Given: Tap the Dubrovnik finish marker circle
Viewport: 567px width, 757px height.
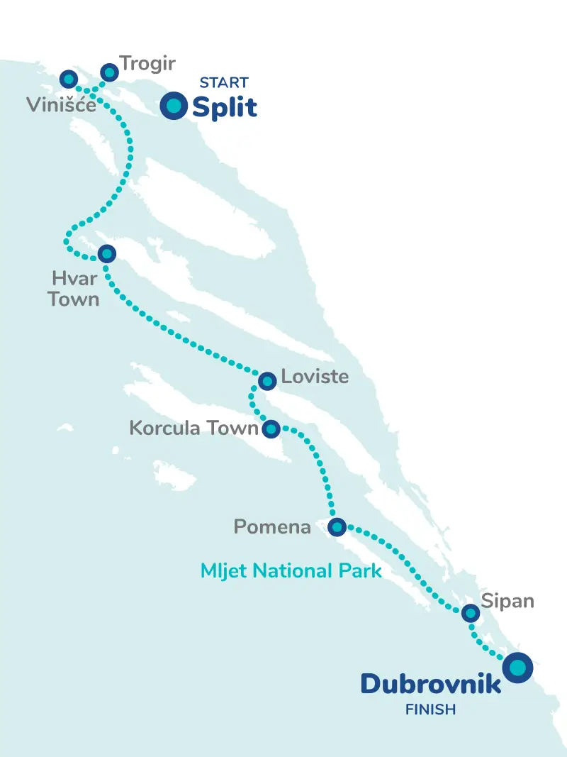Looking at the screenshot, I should pyautogui.click(x=518, y=667).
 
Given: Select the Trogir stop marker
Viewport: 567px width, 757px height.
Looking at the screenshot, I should pyautogui.click(x=109, y=72).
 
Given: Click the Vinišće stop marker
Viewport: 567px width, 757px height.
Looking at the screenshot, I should pyautogui.click(x=69, y=78).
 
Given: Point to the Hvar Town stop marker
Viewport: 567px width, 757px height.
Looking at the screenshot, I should pyautogui.click(x=106, y=253).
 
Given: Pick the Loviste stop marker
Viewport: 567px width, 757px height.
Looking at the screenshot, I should pyautogui.click(x=267, y=381).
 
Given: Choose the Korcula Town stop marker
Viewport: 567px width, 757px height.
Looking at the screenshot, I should pyautogui.click(x=271, y=429).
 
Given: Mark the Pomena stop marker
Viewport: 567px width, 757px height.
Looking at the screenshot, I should pyautogui.click(x=337, y=526).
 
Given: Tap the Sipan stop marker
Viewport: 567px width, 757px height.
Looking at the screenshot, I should pyautogui.click(x=470, y=613).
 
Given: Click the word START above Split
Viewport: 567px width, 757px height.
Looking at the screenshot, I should pyautogui.click(x=224, y=83).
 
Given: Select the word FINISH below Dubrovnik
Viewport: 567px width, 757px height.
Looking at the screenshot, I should pyautogui.click(x=430, y=709).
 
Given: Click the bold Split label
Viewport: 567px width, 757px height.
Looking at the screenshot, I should pyautogui.click(x=224, y=108).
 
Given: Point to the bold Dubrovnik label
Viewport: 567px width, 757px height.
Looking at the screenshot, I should pyautogui.click(x=431, y=684).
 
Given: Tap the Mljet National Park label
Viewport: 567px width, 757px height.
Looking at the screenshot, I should pyautogui.click(x=291, y=570).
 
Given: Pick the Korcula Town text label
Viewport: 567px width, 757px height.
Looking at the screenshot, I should pyautogui.click(x=193, y=429).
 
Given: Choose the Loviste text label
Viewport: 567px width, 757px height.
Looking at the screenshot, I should pyautogui.click(x=315, y=376).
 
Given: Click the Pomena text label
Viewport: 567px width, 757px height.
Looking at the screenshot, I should pyautogui.click(x=272, y=527).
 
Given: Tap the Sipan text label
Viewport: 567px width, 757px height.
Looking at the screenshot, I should pyautogui.click(x=507, y=601).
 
